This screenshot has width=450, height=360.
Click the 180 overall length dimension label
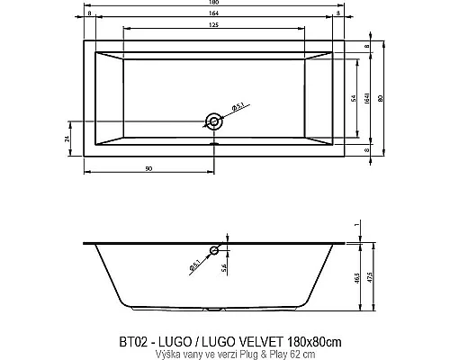click(x=214, y=4)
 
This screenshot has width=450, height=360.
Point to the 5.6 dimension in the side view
click(x=225, y=266)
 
